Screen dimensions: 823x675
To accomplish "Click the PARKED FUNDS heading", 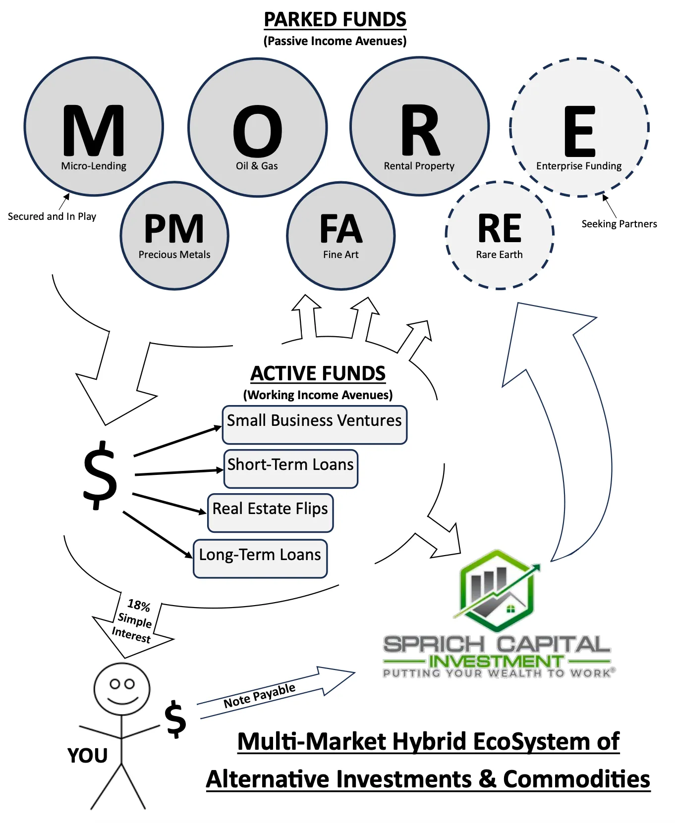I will [x=335, y=20].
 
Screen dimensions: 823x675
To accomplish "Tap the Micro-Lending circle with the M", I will [x=94, y=127].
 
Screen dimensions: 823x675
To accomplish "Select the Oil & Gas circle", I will [x=257, y=128].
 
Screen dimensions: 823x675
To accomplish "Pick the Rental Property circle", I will [x=420, y=127].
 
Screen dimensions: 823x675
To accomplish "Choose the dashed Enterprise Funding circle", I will [x=579, y=128].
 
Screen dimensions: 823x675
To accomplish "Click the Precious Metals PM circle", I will [x=174, y=236].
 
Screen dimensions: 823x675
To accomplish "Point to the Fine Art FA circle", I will [x=341, y=236].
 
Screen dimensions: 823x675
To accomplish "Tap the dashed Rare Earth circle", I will [x=500, y=235].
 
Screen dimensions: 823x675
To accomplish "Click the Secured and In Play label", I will [x=52, y=216].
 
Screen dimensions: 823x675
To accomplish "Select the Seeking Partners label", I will [x=619, y=224].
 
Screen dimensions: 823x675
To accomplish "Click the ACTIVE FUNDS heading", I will [x=318, y=373].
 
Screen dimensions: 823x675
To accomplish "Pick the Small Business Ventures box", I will [x=314, y=425].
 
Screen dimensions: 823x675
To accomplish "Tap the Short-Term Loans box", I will [x=290, y=468].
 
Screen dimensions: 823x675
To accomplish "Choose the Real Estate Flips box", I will [x=270, y=513].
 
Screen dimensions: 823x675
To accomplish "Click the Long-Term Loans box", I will [x=260, y=558].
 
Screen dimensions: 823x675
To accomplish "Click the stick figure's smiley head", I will [x=122, y=688].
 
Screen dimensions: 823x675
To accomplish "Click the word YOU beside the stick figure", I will [x=88, y=756].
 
